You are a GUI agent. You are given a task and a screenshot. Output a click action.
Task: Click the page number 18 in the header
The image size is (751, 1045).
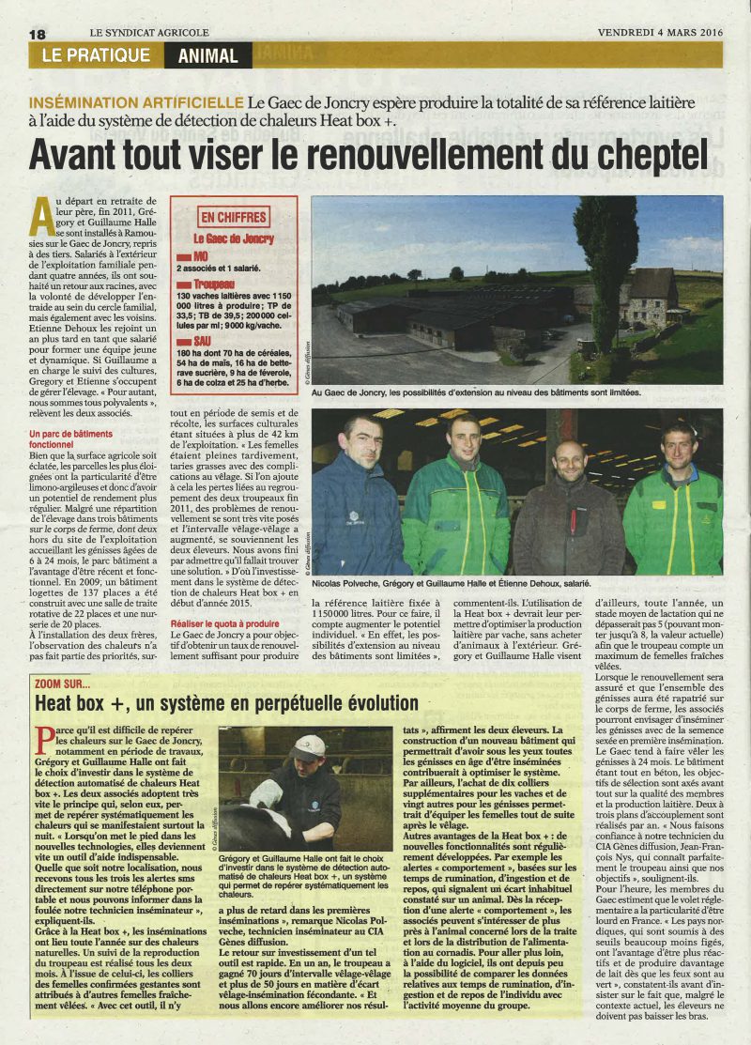(38, 33)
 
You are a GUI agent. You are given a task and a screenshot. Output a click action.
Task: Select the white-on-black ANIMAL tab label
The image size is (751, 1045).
(207, 55)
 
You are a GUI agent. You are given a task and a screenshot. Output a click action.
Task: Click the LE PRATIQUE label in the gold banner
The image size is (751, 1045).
(96, 55)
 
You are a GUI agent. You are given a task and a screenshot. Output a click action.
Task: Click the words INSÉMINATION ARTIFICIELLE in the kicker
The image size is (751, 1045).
(137, 100)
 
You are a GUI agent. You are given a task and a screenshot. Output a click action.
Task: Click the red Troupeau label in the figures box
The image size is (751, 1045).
(214, 283)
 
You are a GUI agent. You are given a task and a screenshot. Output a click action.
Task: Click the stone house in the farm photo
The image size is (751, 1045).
(652, 299)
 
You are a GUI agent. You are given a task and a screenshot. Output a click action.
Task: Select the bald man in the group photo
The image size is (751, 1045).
(567, 505)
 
